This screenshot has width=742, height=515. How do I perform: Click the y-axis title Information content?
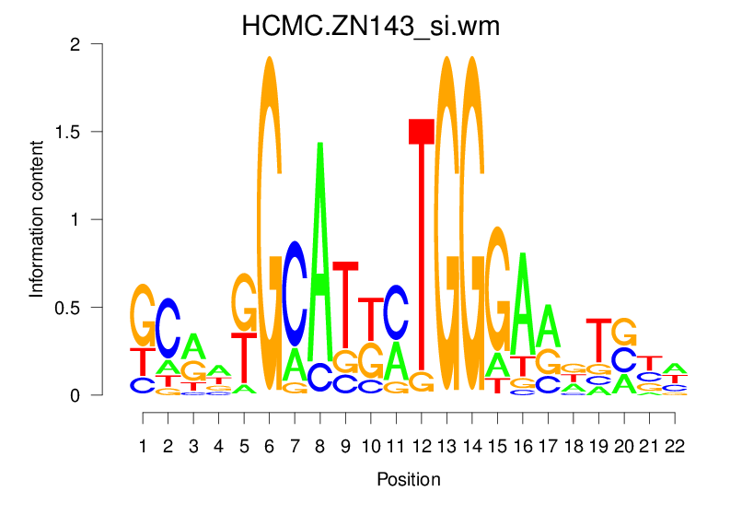coord(37,219)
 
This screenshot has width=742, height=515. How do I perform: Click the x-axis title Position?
coord(408,479)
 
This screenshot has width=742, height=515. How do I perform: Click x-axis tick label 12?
coord(421,447)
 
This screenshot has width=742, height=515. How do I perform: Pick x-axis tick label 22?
coord(673,447)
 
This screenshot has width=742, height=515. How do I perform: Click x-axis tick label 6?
coord(270,447)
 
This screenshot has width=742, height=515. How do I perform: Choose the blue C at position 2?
coord(168,328)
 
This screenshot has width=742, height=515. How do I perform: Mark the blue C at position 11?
coord(396,313)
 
